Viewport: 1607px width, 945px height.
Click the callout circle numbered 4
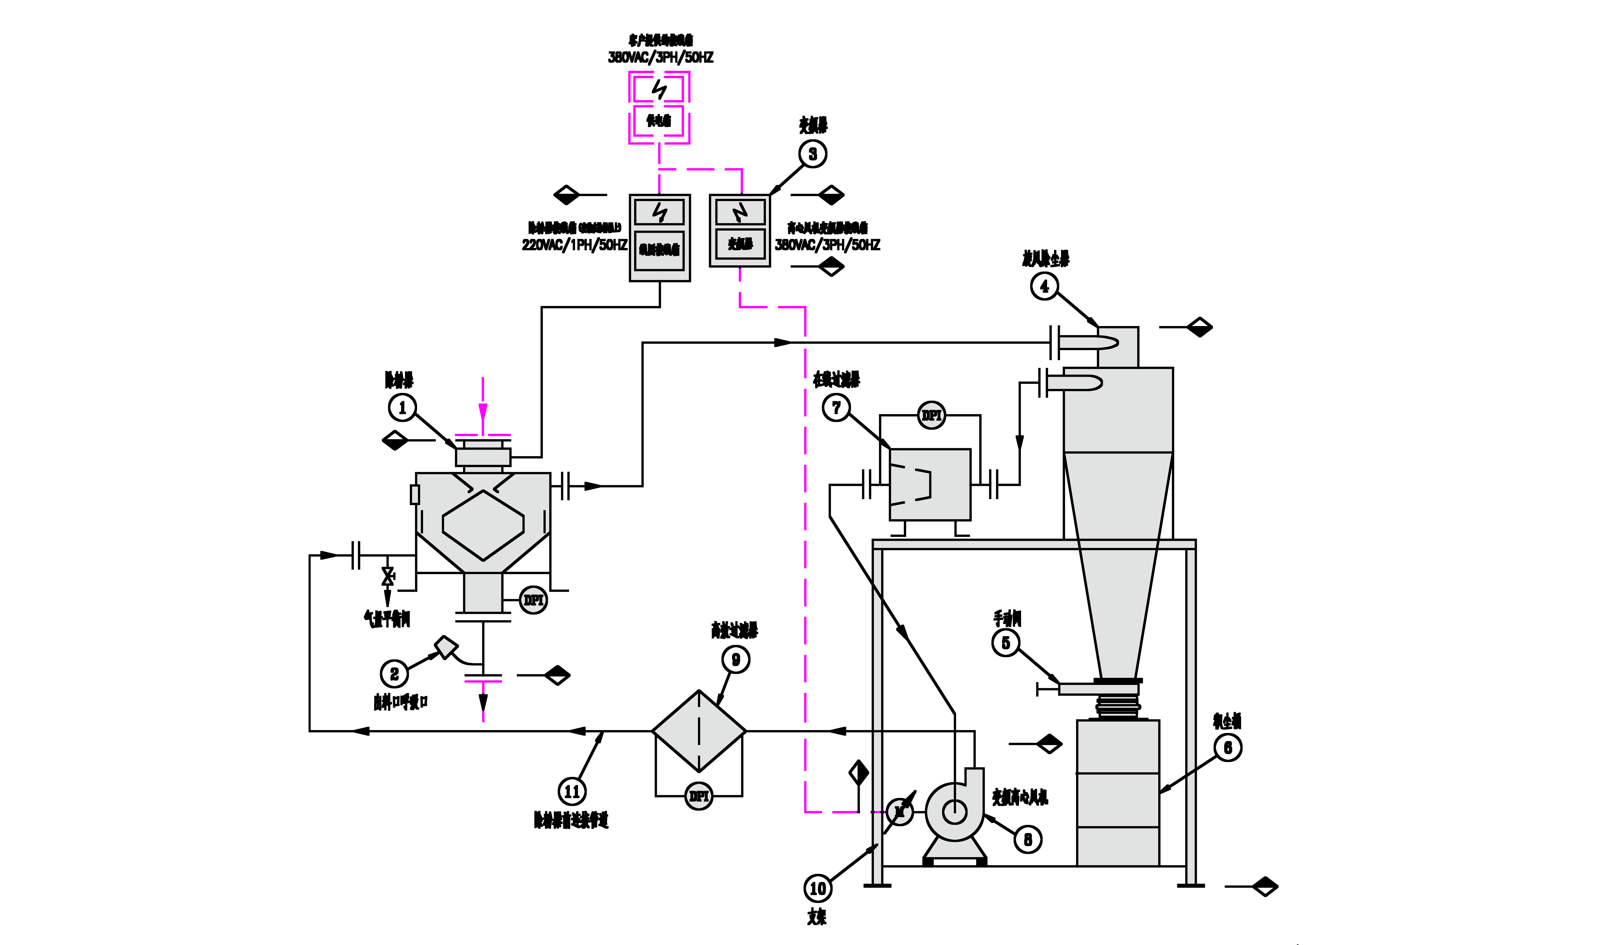1044,286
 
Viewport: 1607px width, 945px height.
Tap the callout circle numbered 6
1228,747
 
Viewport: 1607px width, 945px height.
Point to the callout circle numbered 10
817,888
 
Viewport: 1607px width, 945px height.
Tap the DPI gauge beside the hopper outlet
533,600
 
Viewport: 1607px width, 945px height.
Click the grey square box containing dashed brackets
930,485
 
